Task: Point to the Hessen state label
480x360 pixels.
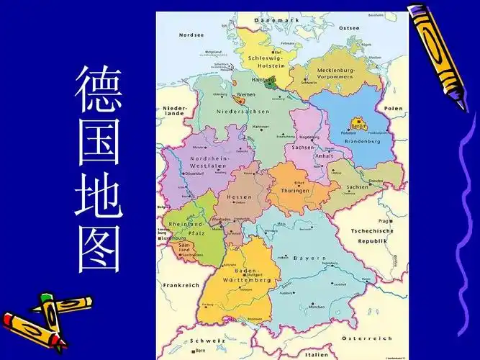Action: [240, 197]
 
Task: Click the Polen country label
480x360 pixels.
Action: [394, 108]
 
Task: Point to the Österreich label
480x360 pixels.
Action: [366, 338]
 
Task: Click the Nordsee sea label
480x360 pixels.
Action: [191, 35]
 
